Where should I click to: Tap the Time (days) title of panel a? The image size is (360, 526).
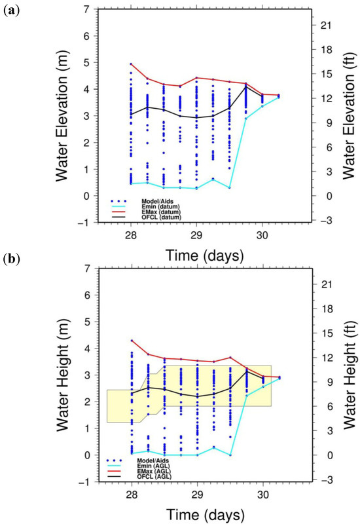pos(196,253)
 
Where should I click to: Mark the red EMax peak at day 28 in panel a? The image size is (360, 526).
pos(131,64)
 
